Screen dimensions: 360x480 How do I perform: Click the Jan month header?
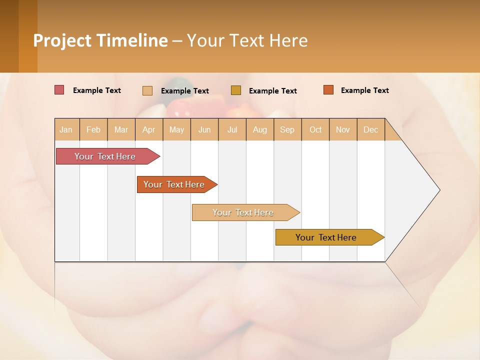click(66, 129)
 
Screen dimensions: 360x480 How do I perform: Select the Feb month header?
click(93, 129)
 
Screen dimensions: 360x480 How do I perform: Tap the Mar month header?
click(121, 129)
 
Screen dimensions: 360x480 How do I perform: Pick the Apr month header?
click(149, 129)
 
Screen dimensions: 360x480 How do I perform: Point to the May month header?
click(176, 129)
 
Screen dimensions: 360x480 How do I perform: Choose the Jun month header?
click(204, 129)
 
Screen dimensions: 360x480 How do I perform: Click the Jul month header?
click(232, 129)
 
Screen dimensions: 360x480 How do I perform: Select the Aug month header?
click(260, 129)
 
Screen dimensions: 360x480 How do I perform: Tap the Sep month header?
click(287, 129)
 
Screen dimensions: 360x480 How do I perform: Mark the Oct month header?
click(315, 129)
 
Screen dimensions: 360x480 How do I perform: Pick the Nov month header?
click(343, 129)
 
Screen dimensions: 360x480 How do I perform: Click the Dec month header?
click(371, 129)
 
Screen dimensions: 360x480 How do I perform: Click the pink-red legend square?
click(59, 90)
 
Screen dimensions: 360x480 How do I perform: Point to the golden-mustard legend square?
click(236, 90)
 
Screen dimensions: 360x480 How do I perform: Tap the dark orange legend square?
click(328, 90)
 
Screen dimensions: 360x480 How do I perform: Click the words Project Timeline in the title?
click(100, 40)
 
